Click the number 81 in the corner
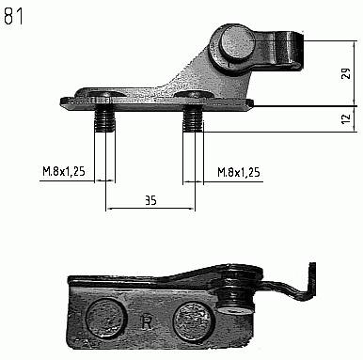[13, 16]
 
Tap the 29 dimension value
[346, 73]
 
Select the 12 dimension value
[345, 118]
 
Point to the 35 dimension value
[150, 200]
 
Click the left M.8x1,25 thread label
[64, 171]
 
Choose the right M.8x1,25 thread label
[239, 172]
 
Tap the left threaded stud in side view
[104, 121]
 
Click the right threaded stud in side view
[193, 121]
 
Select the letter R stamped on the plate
[147, 322]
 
